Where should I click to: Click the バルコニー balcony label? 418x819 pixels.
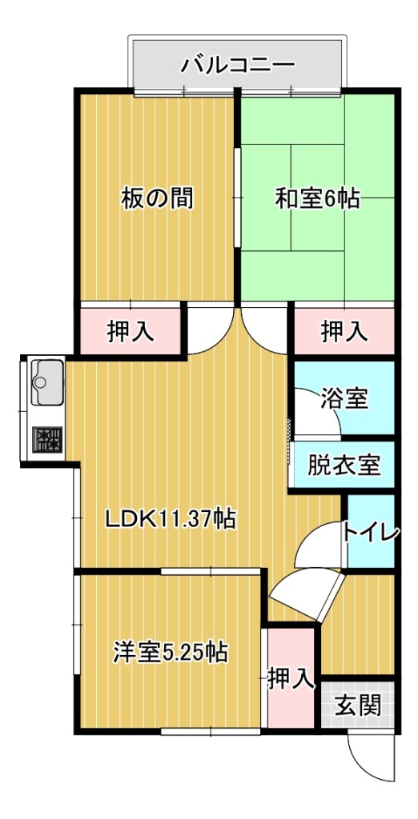[238, 66]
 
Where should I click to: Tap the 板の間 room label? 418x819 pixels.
[158, 198]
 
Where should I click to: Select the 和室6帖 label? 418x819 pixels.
[317, 199]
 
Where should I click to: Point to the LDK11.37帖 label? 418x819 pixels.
[170, 518]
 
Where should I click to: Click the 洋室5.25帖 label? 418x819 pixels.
[170, 653]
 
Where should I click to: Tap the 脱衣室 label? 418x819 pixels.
[344, 465]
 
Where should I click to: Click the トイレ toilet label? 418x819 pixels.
[372, 533]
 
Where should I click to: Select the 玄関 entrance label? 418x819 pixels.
[358, 707]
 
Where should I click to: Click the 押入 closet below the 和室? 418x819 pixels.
[344, 331]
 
